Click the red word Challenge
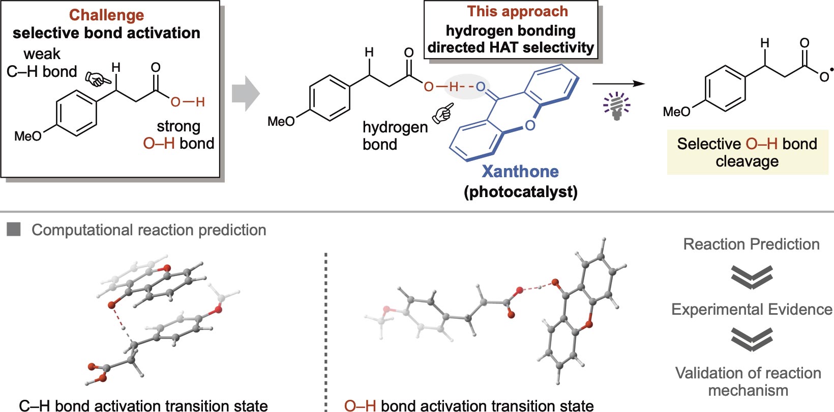click(106, 15)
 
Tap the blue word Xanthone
click(520, 171)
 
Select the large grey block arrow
click(246, 93)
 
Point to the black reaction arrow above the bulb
click(619, 84)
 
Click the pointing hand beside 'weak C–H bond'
click(98, 78)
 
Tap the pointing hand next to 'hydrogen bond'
click(443, 113)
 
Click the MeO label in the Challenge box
click(28, 136)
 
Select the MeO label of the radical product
click(676, 111)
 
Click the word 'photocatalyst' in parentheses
click(521, 191)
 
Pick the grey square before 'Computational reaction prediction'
click(14, 229)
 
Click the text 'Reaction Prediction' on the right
click(751, 244)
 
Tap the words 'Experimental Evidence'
click(752, 310)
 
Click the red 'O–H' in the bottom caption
click(360, 406)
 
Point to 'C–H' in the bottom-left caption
click(35, 406)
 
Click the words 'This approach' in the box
click(518, 11)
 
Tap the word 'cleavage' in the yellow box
click(747, 161)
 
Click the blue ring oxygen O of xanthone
click(530, 125)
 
